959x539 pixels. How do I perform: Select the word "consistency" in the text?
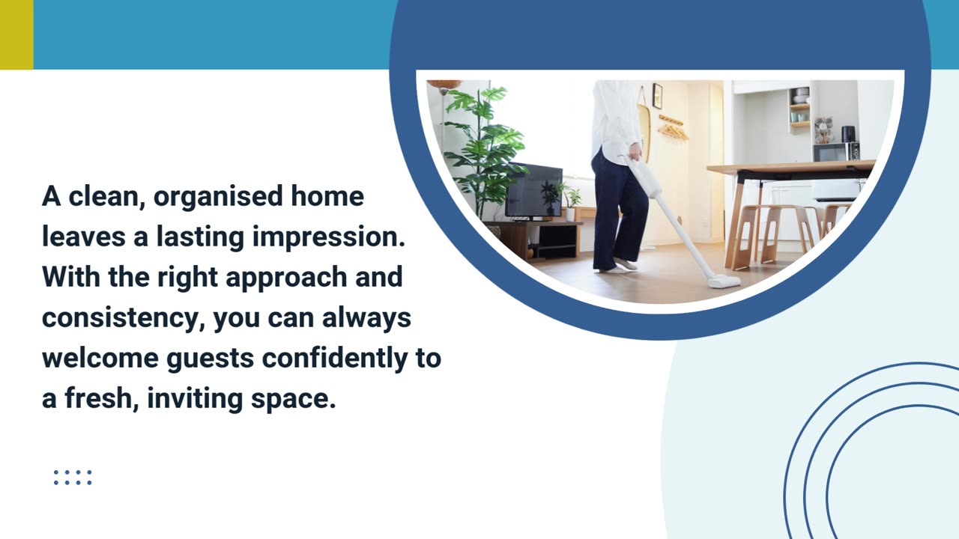123,317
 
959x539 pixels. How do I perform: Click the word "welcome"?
100,358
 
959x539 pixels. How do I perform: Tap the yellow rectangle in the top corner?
16,34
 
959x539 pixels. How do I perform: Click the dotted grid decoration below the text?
73,478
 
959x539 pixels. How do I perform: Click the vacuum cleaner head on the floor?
724,281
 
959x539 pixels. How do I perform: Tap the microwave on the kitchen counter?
836,151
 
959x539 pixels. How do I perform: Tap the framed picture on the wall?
657,95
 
